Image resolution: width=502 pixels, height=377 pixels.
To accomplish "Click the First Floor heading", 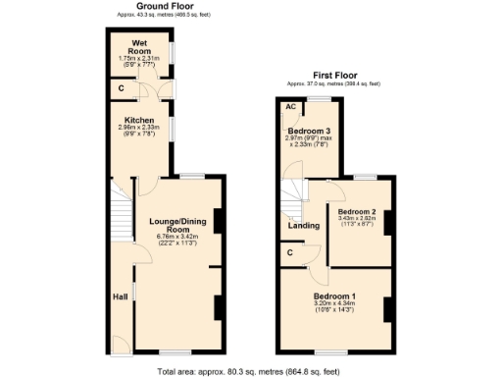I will pos(335,76).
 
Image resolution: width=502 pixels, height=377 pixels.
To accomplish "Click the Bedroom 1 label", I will pos(334,296).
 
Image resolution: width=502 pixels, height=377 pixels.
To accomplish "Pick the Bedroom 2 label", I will pos(358,210).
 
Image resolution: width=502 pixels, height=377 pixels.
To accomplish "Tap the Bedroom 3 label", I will pos(308,130).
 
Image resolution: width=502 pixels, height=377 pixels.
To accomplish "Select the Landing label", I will pos(302,227).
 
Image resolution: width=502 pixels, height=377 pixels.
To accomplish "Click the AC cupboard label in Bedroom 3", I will pos(290,108).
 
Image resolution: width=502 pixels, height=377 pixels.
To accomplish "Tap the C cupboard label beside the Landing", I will pos(290,253).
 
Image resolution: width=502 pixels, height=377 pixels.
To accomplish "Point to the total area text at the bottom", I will pos(249,371).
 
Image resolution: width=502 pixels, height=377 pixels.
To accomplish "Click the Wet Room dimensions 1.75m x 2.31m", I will pos(140,58).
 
